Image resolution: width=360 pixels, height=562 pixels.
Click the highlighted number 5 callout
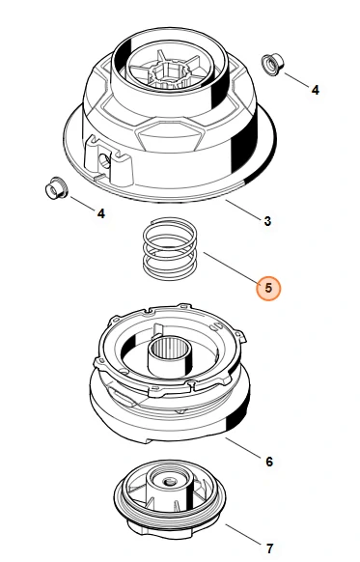(268, 288)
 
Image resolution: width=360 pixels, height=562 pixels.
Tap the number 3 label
(267, 221)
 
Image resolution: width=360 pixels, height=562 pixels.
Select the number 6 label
(269, 462)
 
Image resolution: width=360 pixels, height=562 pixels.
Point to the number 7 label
(269, 548)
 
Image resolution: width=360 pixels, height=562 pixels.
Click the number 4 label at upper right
(315, 90)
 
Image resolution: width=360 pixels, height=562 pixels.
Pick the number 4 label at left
(101, 213)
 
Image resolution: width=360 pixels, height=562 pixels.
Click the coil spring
(170, 249)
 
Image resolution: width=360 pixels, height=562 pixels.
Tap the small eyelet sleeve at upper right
(274, 65)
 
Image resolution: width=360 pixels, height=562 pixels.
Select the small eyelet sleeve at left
(56, 188)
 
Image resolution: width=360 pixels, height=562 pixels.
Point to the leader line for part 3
(243, 210)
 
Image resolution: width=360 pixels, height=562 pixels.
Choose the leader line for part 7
(243, 534)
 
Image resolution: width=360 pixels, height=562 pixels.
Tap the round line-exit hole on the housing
(104, 161)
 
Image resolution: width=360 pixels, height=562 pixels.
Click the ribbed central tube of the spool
(171, 356)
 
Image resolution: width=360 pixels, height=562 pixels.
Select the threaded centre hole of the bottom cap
(167, 481)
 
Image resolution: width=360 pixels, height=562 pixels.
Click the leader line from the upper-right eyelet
(296, 80)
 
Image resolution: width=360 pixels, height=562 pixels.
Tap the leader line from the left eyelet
(83, 203)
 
